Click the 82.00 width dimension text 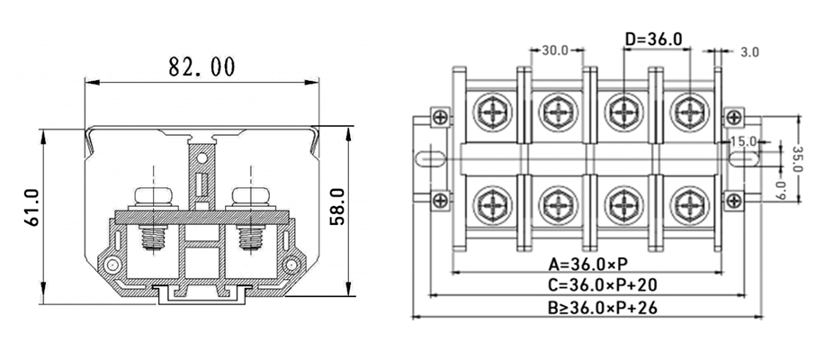pos(202,67)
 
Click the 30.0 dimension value pos(555,50)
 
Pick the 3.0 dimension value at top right pos(749,52)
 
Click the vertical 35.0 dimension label pos(796,157)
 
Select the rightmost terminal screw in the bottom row pos(688,206)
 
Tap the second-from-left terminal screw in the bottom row pos(557,206)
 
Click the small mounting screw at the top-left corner pos(439,116)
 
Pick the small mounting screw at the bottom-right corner pos(734,200)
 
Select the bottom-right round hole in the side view pos(292,265)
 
